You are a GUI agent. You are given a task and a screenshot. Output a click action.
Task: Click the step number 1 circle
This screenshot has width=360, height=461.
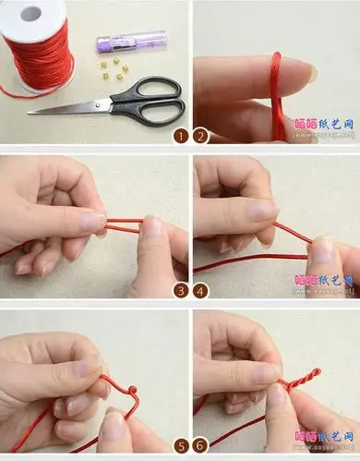[x=183, y=137]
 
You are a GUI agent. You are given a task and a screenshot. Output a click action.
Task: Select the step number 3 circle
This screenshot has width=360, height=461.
[x=183, y=290]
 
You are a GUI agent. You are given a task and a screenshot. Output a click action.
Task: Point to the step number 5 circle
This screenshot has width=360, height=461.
[x=183, y=444]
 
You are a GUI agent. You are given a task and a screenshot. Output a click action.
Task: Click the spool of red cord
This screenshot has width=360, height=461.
[x=42, y=46]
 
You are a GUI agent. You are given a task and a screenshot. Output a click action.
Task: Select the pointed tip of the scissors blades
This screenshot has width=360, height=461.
[x=30, y=112]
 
